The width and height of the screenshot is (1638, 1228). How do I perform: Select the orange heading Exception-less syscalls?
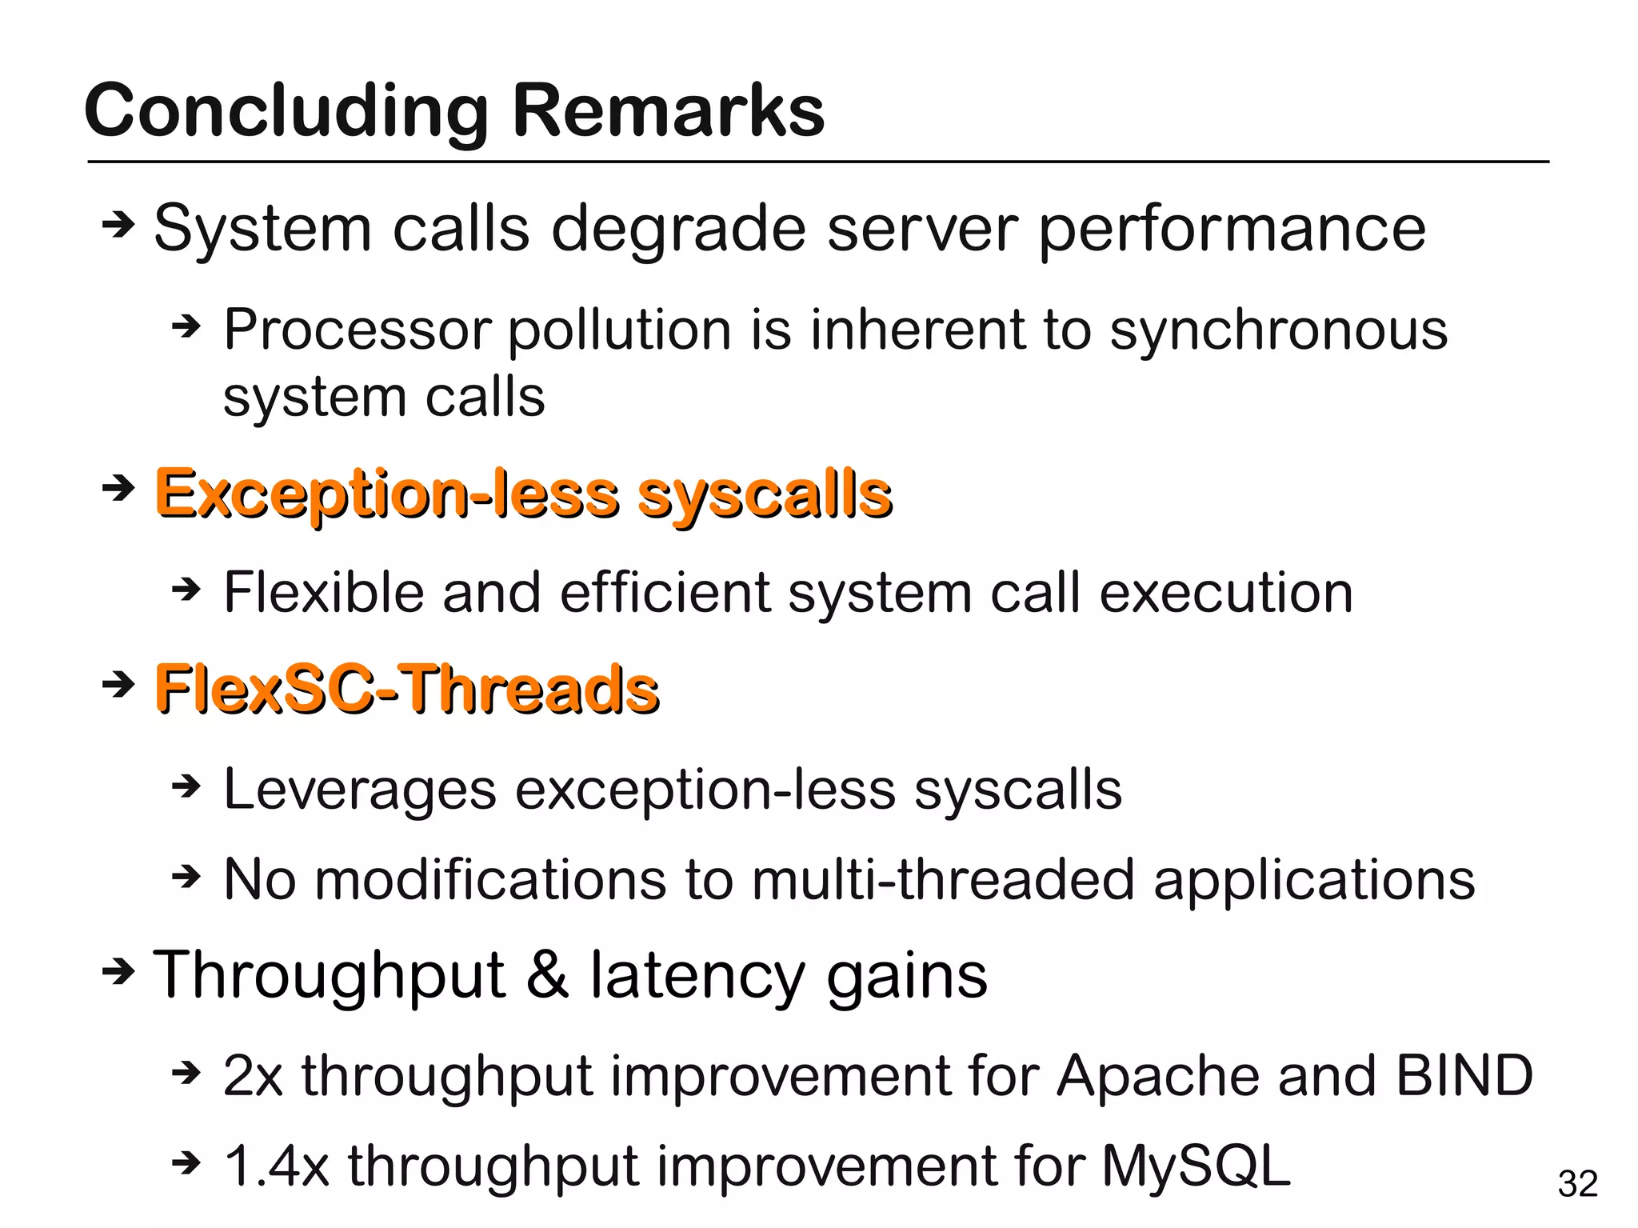(x=523, y=493)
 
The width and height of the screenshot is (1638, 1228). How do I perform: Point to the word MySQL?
(x=1196, y=1165)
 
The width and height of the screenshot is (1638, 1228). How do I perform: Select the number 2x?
(x=253, y=1076)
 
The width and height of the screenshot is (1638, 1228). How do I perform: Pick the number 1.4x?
(x=276, y=1166)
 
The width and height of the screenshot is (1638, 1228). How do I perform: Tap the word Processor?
(x=357, y=330)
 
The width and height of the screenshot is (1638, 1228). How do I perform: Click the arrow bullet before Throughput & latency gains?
(x=118, y=971)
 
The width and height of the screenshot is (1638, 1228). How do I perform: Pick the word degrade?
(x=679, y=230)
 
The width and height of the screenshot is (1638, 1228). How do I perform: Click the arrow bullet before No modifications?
(x=186, y=877)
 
